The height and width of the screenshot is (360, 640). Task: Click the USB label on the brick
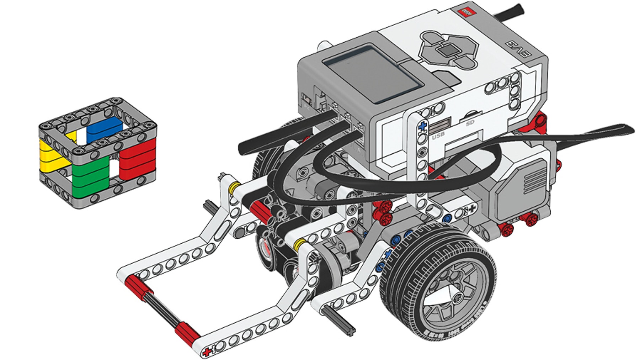[438, 136]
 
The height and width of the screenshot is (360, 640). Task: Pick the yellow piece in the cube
[50, 153]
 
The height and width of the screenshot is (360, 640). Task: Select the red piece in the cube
[138, 158]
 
